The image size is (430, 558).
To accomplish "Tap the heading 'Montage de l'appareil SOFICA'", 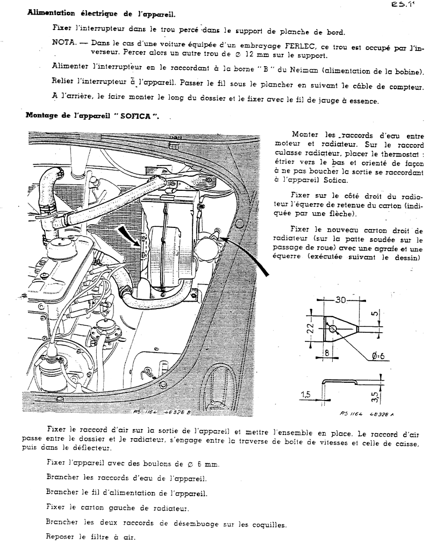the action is [92, 116].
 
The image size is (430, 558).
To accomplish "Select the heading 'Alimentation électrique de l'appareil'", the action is [101, 14].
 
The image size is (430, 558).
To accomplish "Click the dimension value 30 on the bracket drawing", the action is [341, 300].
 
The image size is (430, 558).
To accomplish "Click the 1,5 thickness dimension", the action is [306, 394].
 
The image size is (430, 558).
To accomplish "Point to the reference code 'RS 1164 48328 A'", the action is [367, 414].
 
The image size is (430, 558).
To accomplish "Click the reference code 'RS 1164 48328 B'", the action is [162, 412].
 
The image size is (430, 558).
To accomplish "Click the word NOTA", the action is [64, 42].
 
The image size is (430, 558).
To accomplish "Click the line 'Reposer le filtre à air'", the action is [91, 537].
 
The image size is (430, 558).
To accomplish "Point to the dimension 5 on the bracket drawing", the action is [374, 314].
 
